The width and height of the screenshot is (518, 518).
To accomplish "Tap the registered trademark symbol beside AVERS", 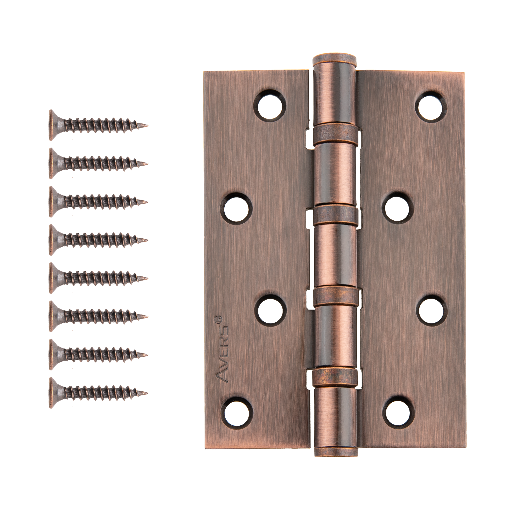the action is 218,319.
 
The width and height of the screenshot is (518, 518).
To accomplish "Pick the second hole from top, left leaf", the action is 236,209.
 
